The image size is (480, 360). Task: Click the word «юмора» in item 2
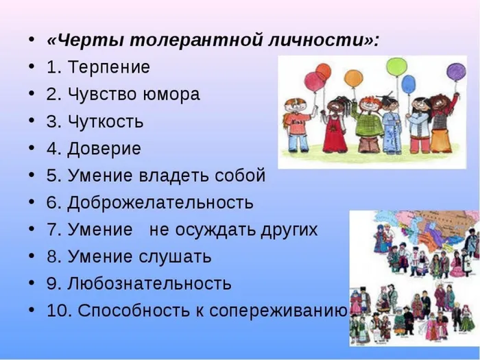tap(173, 95)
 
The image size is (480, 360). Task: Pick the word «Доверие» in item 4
tap(104, 149)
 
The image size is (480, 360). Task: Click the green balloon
tap(396, 67)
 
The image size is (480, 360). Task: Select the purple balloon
tap(456, 71)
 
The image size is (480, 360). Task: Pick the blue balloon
tap(409, 84)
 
